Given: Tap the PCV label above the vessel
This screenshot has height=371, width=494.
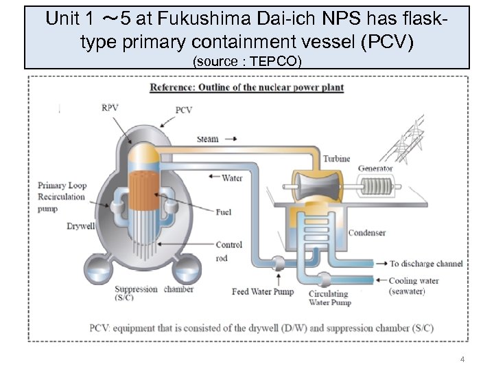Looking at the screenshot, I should (x=184, y=110).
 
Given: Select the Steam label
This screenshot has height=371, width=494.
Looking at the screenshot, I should (x=208, y=139).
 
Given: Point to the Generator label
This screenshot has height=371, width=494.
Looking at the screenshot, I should (x=375, y=168).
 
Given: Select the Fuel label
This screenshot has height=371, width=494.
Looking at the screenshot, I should (x=224, y=212).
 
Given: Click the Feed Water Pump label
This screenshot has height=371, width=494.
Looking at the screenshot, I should (x=263, y=291).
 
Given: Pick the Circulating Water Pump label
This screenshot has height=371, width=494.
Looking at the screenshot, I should (x=329, y=298).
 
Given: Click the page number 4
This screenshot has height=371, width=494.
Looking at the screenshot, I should (x=462, y=359).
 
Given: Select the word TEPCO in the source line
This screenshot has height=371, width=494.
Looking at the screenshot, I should (x=275, y=61).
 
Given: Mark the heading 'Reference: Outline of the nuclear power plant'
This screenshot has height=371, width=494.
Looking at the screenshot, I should (x=246, y=88).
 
